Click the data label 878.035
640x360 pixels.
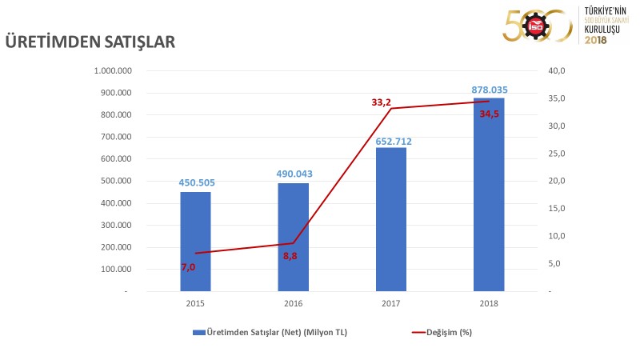[489, 90]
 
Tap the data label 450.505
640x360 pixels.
[195, 182]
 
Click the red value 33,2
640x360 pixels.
[381, 102]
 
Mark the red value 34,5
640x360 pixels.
[490, 114]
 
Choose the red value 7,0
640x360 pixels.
[188, 266]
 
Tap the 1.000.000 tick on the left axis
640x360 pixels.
[113, 70]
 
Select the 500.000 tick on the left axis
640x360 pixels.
[117, 181]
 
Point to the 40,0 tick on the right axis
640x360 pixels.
[557, 70]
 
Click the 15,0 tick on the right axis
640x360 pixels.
[557, 208]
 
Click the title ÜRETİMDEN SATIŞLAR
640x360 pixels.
[90, 41]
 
